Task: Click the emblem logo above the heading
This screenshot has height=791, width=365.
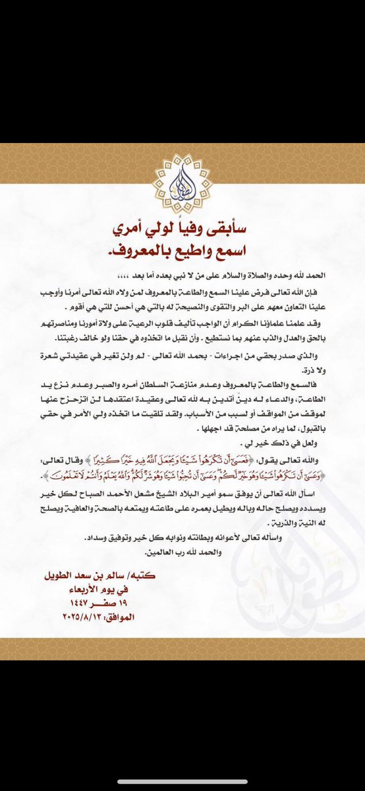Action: tap(182, 179)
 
